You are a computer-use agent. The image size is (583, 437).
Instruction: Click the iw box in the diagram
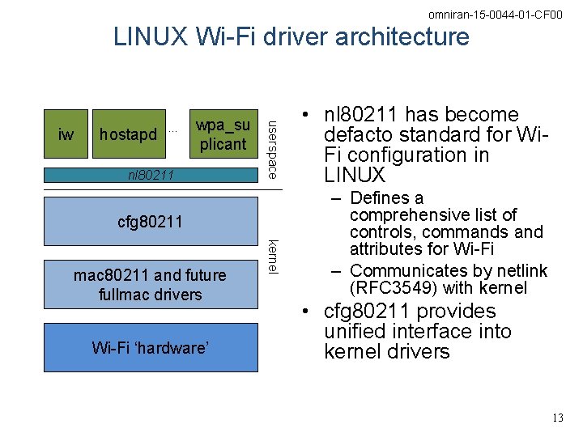(x=66, y=134)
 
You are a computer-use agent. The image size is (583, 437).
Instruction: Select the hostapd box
(x=127, y=134)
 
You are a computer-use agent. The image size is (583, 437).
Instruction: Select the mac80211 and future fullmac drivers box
(x=151, y=285)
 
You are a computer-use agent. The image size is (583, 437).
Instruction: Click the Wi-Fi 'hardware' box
(x=151, y=348)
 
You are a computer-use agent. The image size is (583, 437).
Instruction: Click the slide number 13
(x=556, y=418)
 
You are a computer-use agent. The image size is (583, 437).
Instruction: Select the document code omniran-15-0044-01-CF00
(x=496, y=15)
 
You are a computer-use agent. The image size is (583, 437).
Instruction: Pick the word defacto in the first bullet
(x=355, y=135)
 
